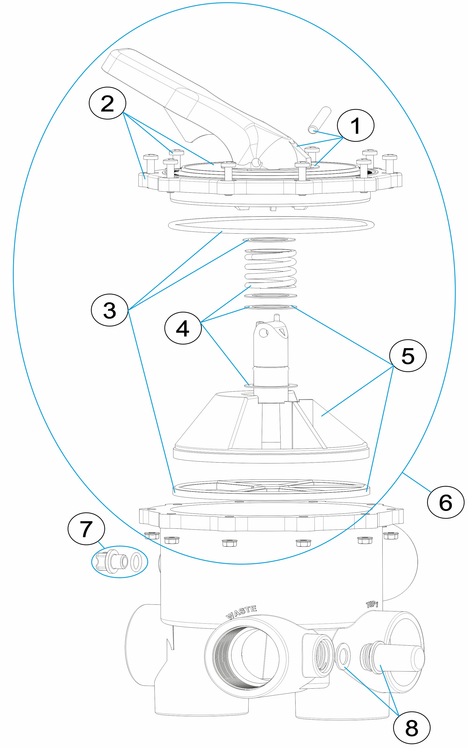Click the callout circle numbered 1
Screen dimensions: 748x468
[355, 126]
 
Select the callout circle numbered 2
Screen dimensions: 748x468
[107, 103]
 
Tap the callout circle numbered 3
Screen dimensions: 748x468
[110, 310]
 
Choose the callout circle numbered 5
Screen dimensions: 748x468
[408, 356]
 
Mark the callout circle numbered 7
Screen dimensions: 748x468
[86, 529]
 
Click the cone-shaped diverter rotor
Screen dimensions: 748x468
[271, 430]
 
